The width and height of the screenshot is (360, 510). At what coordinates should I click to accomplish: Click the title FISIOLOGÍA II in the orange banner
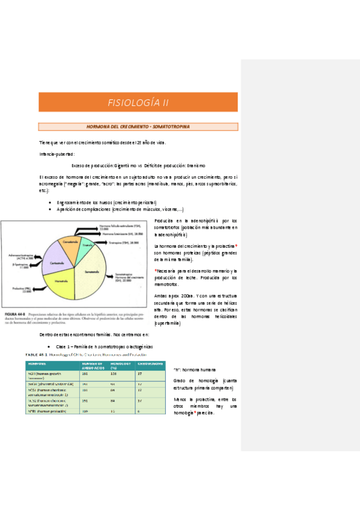click(138, 102)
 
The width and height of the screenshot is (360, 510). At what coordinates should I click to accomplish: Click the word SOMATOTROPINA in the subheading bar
click(174, 127)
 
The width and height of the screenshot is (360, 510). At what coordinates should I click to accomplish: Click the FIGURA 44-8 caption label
click(14, 314)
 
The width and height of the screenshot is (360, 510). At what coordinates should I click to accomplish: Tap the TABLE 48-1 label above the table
click(35, 355)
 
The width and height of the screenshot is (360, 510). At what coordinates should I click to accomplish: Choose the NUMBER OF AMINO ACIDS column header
click(94, 365)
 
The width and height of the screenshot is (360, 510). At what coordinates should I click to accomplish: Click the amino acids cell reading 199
click(84, 411)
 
